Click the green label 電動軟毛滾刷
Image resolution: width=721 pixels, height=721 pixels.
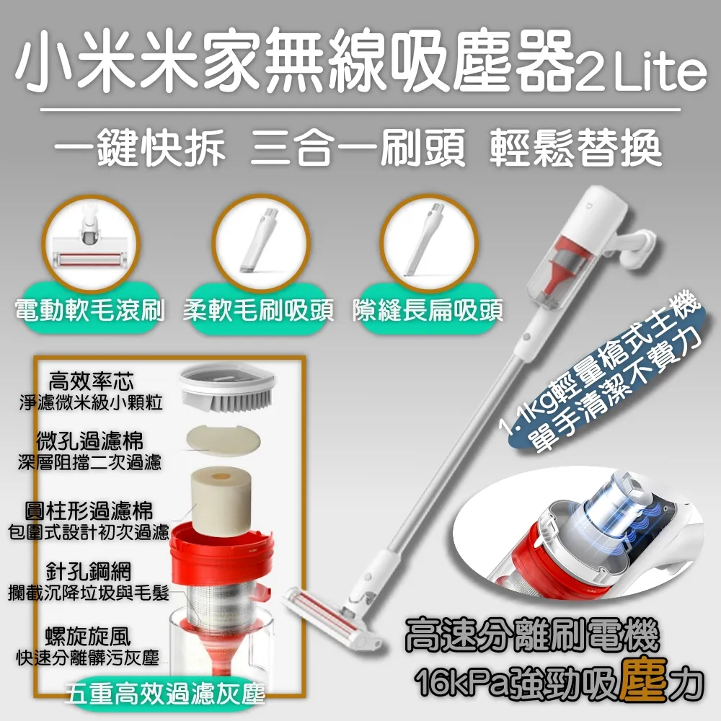91,311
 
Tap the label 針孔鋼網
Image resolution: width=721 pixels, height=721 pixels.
98,572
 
